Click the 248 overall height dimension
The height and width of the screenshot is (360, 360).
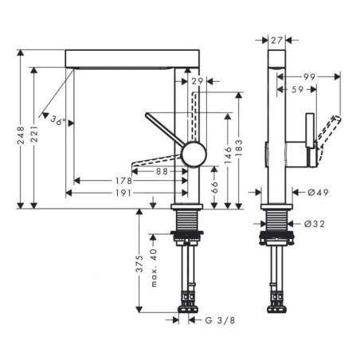coord(21,135)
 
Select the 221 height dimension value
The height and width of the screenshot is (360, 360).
coord(34,135)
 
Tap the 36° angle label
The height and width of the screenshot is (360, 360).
coord(58,120)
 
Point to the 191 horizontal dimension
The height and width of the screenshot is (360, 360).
coord(123,193)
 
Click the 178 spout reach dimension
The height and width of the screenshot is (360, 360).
coord(123,181)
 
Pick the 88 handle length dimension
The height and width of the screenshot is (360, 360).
coord(162,171)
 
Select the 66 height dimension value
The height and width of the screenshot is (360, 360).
coord(214,187)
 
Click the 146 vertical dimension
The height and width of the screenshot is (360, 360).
coord(228,155)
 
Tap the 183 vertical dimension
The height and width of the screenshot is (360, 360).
coord(239,148)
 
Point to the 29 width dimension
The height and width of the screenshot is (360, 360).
coord(198,81)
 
